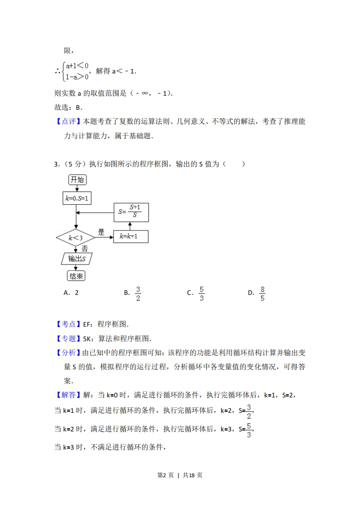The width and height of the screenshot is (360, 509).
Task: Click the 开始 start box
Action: pos(77,180)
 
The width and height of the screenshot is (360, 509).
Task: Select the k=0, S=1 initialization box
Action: pos(76,198)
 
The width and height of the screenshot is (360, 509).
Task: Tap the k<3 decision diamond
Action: pos(75,237)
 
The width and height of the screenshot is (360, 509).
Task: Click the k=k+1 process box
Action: pos(130,236)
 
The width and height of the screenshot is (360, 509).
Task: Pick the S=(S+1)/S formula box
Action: pos(131,212)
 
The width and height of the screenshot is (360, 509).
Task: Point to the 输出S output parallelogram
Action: pos(76,259)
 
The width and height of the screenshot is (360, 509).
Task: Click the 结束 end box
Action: pos(76,276)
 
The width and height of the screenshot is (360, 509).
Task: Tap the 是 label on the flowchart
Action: pos(101,231)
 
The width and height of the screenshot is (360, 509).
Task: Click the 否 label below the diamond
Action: pos(84,249)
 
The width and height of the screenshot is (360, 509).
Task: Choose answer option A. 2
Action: pos(71,293)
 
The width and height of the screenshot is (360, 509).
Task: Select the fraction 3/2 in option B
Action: pos(138,293)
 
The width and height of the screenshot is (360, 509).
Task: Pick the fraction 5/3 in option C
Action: pos(202,293)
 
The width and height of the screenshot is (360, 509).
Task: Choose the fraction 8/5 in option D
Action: pos(262,293)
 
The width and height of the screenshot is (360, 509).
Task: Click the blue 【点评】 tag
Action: pos(68,121)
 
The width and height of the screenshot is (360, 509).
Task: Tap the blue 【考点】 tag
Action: pos(68,324)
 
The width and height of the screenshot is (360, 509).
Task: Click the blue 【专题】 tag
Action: pos(68,338)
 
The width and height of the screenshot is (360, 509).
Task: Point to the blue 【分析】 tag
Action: pos(68,353)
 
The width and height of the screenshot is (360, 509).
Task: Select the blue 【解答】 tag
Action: pos(68,395)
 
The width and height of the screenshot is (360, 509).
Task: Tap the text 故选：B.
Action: pos(68,108)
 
